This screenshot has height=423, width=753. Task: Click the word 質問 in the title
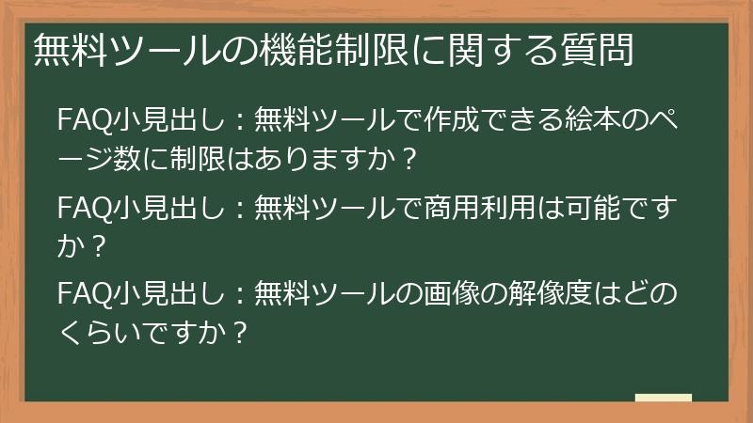pos(595,50)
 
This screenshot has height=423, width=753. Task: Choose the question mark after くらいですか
pos(240,331)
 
